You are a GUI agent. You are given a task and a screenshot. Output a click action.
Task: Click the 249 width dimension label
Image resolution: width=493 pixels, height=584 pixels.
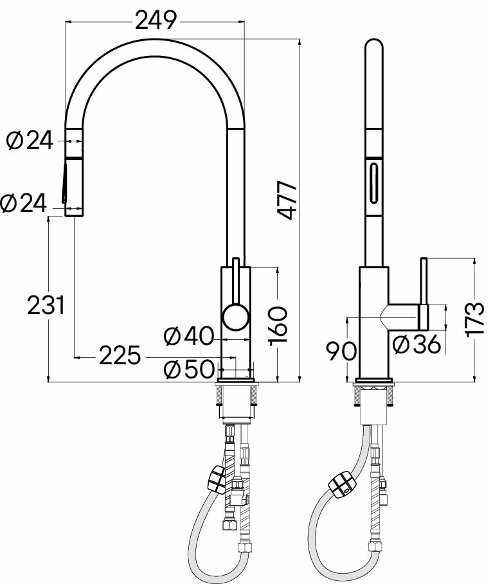156,21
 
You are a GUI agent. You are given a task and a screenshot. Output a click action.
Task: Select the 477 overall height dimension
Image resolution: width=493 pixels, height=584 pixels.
288,200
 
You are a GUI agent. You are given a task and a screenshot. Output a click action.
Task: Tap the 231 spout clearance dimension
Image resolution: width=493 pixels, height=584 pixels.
46,305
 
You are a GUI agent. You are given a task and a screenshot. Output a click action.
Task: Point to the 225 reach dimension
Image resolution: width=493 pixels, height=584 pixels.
120,355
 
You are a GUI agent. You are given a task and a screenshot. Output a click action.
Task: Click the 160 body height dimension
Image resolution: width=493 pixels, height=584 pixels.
278,326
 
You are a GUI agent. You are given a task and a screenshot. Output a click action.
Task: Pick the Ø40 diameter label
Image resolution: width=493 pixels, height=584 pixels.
189,336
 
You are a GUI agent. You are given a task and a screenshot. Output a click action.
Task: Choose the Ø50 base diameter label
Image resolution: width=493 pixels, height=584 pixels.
189,369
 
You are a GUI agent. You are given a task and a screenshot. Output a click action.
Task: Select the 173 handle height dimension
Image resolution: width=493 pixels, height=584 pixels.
476,320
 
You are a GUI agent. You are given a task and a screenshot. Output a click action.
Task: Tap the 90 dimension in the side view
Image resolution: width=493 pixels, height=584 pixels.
341,351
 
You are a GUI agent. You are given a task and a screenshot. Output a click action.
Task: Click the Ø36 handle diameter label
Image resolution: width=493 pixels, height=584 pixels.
417,344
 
